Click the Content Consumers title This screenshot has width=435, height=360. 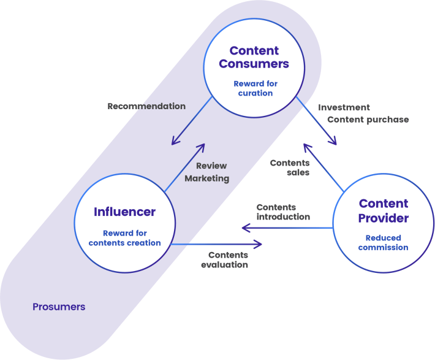[254, 57]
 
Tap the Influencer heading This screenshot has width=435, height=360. [124, 212]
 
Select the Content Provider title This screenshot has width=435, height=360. [384, 211]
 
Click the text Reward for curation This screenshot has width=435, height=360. [255, 88]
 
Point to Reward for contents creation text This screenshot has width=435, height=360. [124, 238]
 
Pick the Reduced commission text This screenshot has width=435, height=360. [383, 242]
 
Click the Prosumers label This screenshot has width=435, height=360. [59, 307]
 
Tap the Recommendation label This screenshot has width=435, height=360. [146, 106]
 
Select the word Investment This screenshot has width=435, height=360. [344, 107]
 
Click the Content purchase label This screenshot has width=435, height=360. [368, 120]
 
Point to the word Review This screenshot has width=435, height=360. [211, 166]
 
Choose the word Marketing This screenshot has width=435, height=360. [207, 178]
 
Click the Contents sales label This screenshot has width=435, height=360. [290, 167]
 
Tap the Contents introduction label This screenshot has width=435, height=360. [283, 212]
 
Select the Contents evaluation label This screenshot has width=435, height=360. [224, 259]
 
